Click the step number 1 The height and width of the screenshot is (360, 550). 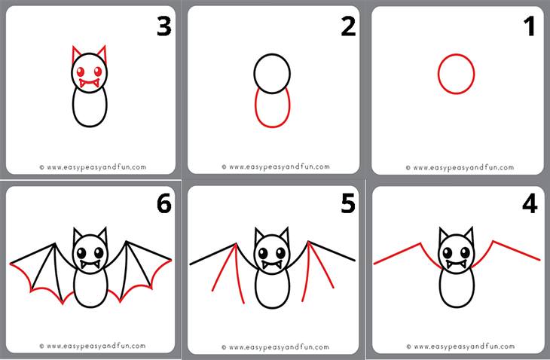[530, 26]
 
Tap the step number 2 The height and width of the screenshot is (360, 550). [348, 26]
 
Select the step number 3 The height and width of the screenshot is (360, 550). [163, 26]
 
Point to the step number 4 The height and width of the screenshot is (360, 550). [530, 203]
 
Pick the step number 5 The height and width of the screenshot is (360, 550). [348, 203]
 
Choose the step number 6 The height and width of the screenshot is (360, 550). [163, 203]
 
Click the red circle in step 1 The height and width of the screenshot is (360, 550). [456, 54]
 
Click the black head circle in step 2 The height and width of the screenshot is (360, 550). [272, 54]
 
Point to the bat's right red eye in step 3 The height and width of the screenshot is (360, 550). [98, 72]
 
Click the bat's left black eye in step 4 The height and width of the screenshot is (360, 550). [448, 252]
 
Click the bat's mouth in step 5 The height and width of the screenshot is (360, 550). [272, 264]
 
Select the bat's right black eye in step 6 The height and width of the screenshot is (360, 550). [99, 252]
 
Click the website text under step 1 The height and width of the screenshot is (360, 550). [460, 167]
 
